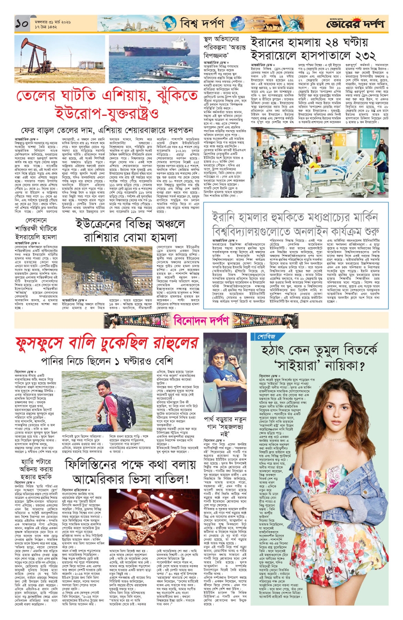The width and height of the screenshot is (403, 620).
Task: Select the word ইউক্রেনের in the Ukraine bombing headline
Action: (99, 224)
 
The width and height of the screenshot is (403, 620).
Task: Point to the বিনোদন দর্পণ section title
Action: (201, 319)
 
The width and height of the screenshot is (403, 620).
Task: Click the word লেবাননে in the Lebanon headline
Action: (36, 220)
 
